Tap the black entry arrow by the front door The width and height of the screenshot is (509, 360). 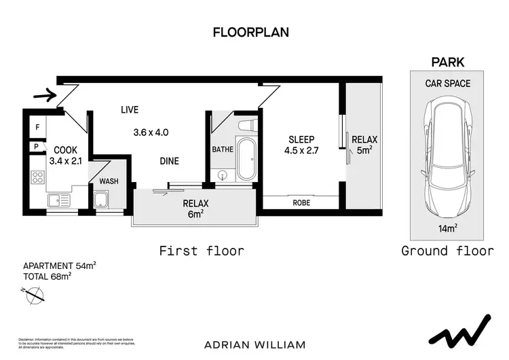[x=44, y=96]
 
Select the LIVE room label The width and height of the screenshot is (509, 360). [x=130, y=109]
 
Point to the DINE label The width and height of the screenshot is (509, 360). [x=169, y=161]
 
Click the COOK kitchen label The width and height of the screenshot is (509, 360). [x=65, y=150]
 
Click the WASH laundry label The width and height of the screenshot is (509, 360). [x=109, y=181]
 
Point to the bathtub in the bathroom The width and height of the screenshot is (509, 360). [x=244, y=160]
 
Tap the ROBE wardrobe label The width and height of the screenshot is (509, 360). [x=301, y=202]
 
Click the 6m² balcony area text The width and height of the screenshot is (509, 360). [x=195, y=215]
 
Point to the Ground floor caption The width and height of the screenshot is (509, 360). [x=447, y=251]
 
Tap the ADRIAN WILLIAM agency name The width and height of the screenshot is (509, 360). [x=254, y=344]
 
